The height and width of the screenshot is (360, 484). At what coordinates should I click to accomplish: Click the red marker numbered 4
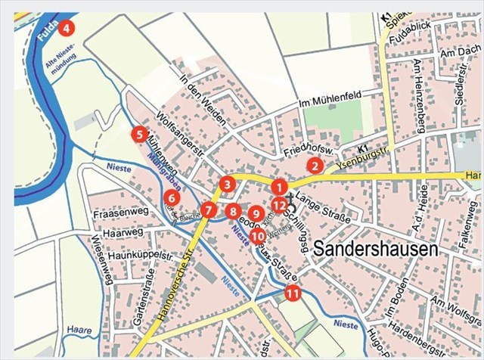click(x=67, y=28)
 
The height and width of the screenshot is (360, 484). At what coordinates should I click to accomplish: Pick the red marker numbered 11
click(x=292, y=293)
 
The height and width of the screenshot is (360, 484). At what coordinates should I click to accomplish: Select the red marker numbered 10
click(x=257, y=235)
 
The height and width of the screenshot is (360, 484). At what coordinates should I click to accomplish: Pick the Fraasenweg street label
click(x=113, y=215)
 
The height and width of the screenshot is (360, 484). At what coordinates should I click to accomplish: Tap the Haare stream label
click(x=78, y=331)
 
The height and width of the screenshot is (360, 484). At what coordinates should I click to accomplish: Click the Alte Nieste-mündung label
click(x=62, y=73)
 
